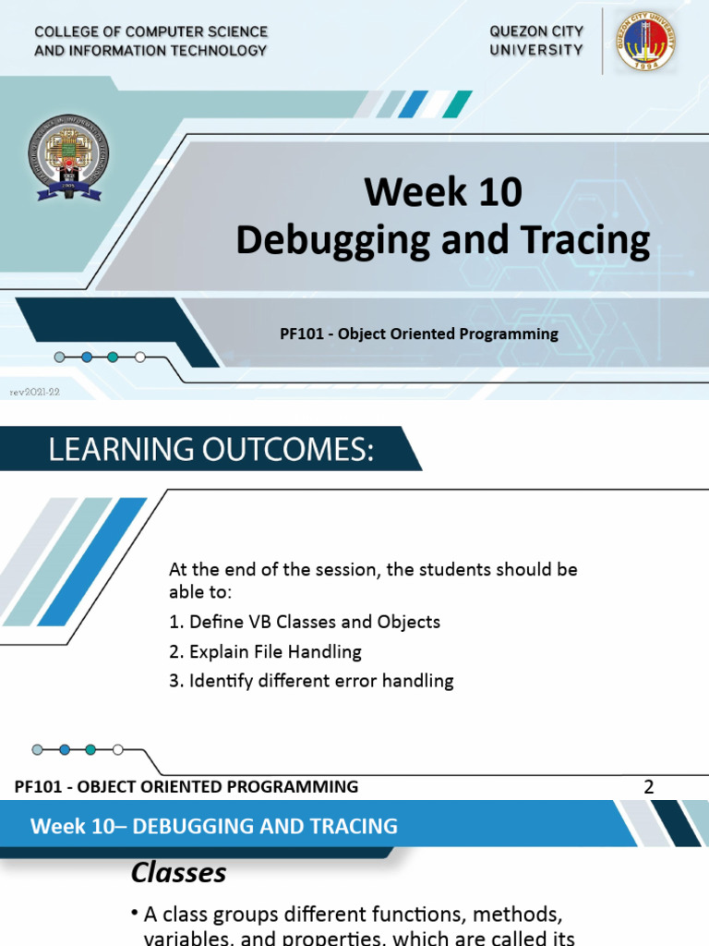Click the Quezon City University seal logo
pyautogui.click(x=646, y=41)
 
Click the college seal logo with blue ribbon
pyautogui.click(x=70, y=158)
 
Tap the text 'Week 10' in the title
pyautogui.click(x=442, y=192)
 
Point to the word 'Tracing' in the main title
pyautogui.click(x=586, y=240)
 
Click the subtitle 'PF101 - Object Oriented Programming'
pyautogui.click(x=419, y=334)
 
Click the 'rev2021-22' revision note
pyautogui.click(x=34, y=392)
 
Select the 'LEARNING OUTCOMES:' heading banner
pyautogui.click(x=211, y=450)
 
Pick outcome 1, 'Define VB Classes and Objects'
pyautogui.click(x=305, y=622)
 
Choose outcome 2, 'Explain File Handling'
pyautogui.click(x=265, y=651)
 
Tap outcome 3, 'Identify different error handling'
pyautogui.click(x=311, y=681)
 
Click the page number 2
pyautogui.click(x=649, y=787)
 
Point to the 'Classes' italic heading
pyautogui.click(x=178, y=872)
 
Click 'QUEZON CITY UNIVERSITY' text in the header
pyautogui.click(x=535, y=41)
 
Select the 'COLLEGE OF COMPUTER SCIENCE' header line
pyautogui.click(x=150, y=31)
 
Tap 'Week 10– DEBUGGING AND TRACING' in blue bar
pyautogui.click(x=214, y=826)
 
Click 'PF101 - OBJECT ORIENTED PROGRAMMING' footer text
pyautogui.click(x=186, y=787)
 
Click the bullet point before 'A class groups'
pyautogui.click(x=135, y=915)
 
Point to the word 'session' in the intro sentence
pyautogui.click(x=348, y=569)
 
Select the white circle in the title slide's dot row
pyautogui.click(x=139, y=357)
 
